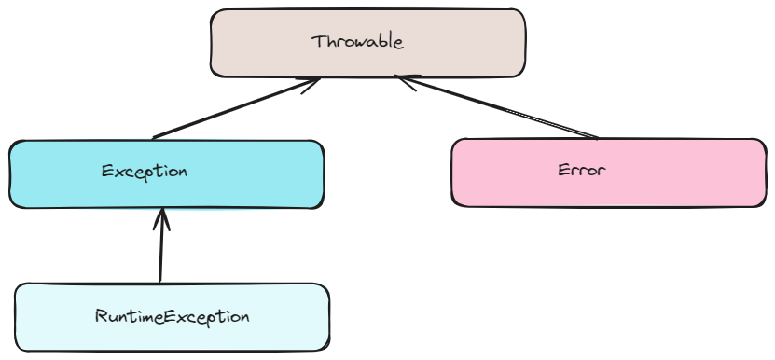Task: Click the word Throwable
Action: [358, 42]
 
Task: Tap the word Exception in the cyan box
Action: [145, 172]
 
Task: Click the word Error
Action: [582, 171]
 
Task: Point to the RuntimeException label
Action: [173, 316]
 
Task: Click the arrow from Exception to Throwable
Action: [233, 110]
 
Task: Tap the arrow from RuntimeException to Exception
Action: [161, 247]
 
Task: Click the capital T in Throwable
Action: [318, 41]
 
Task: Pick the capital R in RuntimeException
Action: [101, 316]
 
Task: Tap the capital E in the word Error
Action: [563, 171]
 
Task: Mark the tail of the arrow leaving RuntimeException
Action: [160, 281]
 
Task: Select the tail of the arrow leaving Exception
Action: [155, 137]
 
